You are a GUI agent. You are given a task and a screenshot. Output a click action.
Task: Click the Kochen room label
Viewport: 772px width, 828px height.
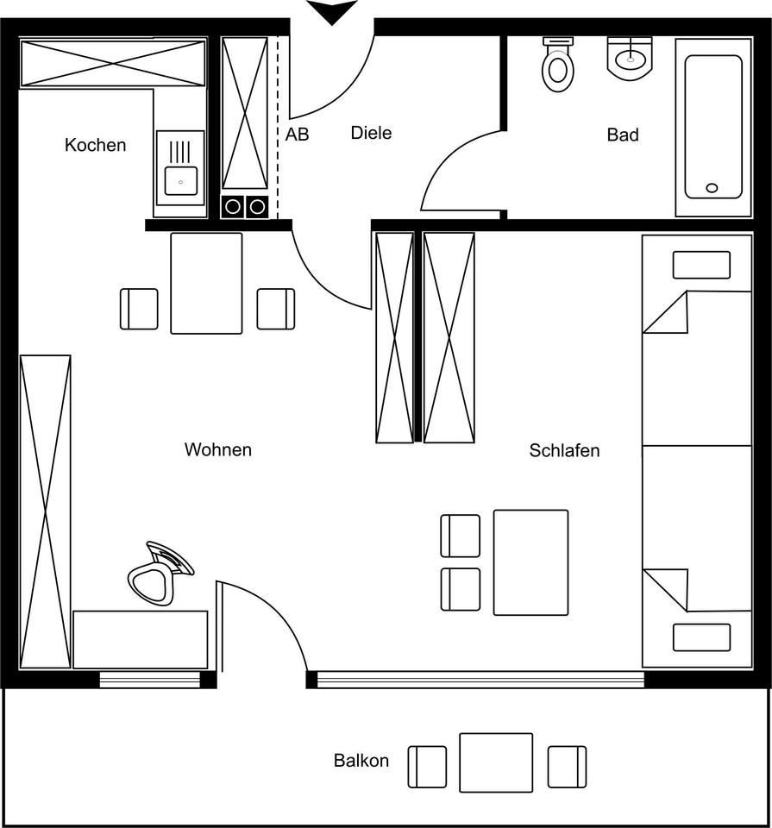coord(95,145)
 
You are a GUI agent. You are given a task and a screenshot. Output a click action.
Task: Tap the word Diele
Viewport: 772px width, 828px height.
coord(371,133)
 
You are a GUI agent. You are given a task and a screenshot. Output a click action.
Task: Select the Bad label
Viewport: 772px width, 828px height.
coord(623,135)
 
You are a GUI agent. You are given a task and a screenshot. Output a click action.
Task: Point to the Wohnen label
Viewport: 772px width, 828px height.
coord(217,449)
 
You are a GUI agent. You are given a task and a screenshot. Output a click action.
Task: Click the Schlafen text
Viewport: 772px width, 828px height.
coord(564,450)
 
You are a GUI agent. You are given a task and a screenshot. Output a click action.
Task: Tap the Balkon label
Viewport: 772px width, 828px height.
coord(361,761)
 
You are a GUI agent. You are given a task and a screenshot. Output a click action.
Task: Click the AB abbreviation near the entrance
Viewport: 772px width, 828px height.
coord(297,135)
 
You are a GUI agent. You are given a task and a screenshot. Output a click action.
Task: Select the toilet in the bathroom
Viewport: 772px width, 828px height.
coord(557,64)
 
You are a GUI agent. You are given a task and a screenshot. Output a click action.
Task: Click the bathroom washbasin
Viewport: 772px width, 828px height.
coord(630,59)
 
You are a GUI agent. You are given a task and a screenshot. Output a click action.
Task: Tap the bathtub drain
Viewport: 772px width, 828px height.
coord(712,187)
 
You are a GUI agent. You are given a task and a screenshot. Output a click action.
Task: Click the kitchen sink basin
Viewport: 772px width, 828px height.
coord(180,181)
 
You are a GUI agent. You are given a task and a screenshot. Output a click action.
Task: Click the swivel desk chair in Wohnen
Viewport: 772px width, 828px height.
coord(160,573)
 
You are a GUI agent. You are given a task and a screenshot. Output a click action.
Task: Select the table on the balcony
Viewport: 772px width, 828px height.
coord(496,762)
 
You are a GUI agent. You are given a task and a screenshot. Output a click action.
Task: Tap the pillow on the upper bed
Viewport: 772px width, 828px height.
coord(701,265)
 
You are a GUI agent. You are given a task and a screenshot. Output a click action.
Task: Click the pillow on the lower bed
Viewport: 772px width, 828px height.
coord(701,637)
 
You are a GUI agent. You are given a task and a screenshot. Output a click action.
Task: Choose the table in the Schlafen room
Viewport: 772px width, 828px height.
coord(530,562)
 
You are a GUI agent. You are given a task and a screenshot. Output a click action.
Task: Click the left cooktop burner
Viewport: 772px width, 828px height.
coord(232,207)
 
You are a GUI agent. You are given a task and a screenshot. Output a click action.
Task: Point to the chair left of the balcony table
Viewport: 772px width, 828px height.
coord(427,767)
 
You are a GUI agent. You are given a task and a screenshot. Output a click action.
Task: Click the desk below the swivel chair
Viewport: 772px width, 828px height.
coord(140,639)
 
